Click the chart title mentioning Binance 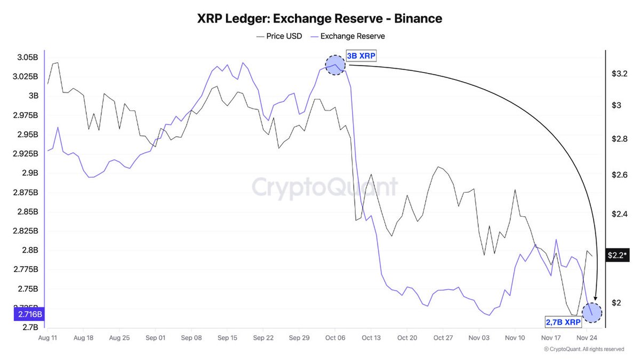[319, 19]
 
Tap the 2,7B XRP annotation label [563, 322]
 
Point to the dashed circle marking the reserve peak [335, 65]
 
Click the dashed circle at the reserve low [592, 313]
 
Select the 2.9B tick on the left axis [29, 173]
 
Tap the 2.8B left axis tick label [29, 250]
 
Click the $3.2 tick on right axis [619, 74]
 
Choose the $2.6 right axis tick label [619, 175]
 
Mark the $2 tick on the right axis [616, 303]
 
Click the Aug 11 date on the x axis [48, 338]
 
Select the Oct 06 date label [335, 338]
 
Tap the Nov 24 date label [586, 338]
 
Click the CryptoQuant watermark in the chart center [324, 187]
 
